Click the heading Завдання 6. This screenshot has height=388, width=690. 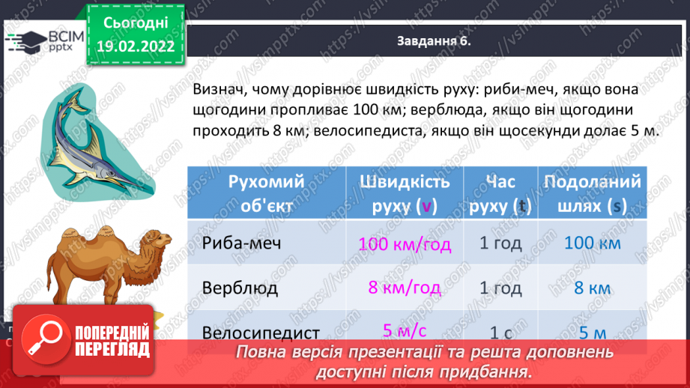pos(433,42)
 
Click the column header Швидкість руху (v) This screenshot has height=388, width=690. pos(405,193)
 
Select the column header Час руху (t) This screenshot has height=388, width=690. pos(500,193)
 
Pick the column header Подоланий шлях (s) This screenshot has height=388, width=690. pos(593,193)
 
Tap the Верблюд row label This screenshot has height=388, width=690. pos(240,288)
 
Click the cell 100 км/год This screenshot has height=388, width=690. pos(405,243)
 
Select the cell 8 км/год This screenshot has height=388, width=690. pos(405,288)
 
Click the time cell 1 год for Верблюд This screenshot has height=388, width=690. pos(500,288)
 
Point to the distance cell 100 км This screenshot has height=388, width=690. pos(593,243)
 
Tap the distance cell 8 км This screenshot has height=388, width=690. pos(593,288)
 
